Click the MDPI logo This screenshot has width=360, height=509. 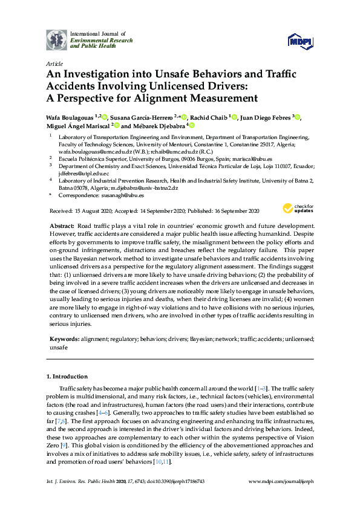[301, 41]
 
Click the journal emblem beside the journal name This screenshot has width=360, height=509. [57, 39]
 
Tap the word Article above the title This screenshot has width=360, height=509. [53, 63]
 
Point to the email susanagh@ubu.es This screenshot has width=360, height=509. [122, 196]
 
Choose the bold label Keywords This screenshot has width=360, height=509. [64, 340]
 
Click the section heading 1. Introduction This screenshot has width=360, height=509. [69, 377]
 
